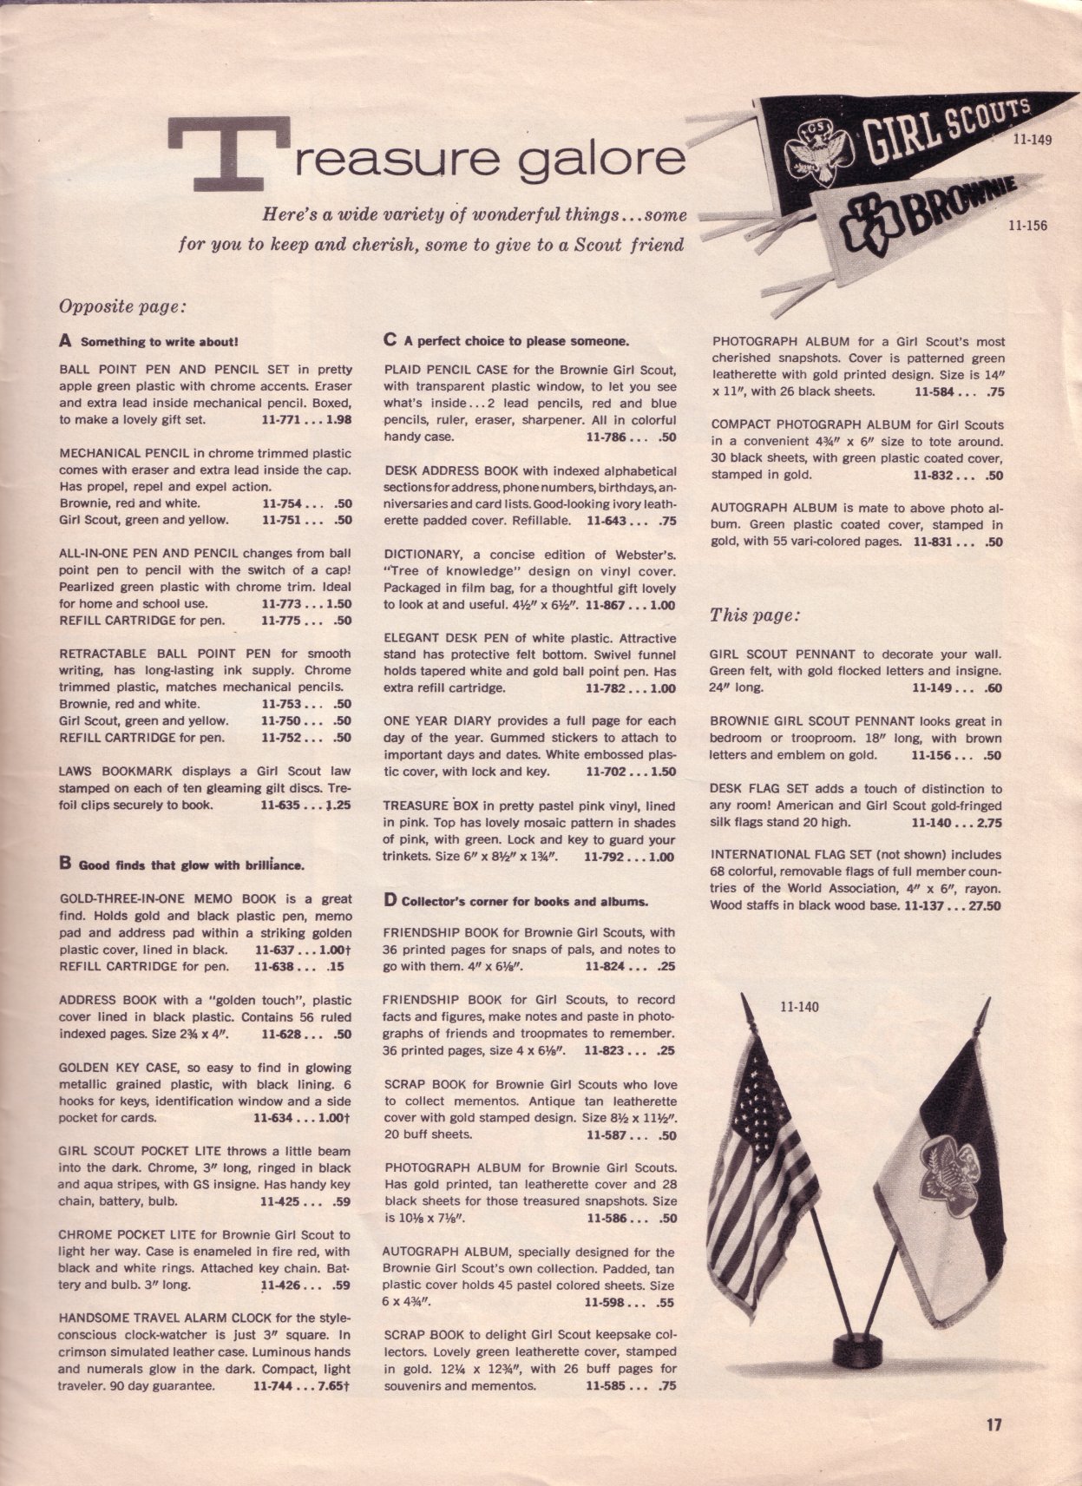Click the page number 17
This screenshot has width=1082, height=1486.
point(993,1425)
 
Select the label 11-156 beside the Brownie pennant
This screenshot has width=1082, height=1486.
point(1027,226)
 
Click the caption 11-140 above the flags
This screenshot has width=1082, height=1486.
point(799,1007)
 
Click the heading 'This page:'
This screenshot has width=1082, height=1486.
point(754,615)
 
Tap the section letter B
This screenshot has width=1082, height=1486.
point(65,864)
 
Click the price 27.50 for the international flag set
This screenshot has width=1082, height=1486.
point(983,905)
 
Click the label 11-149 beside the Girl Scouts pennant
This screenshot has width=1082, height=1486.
point(1031,138)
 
